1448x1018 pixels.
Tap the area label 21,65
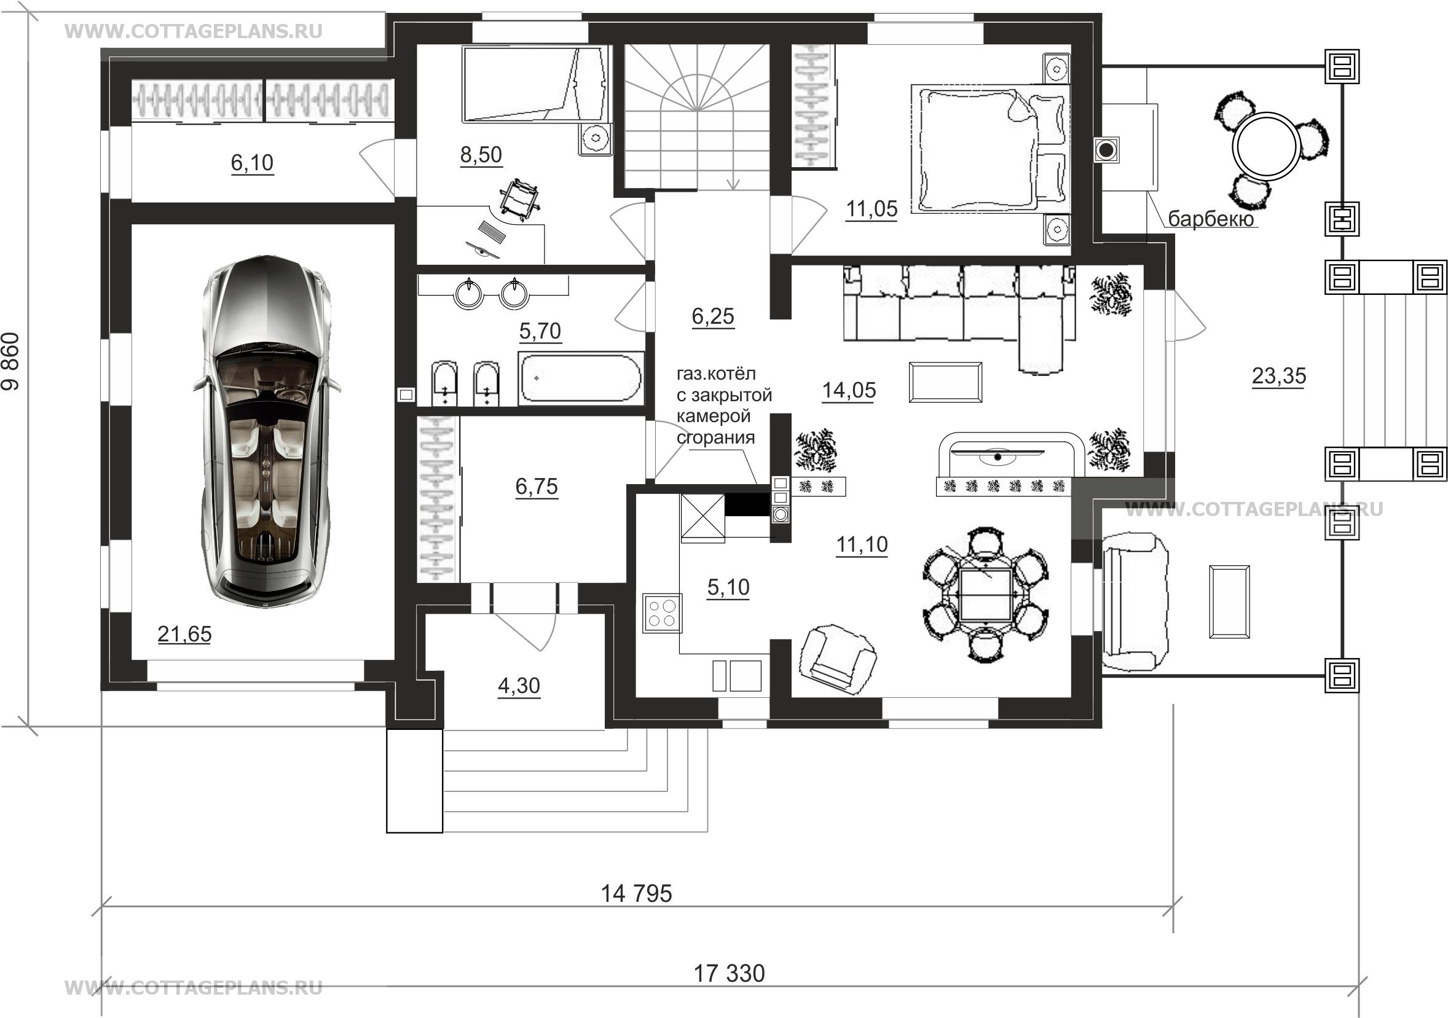tap(184, 634)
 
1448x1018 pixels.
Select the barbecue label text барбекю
tap(1210, 218)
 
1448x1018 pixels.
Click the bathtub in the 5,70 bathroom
tap(580, 378)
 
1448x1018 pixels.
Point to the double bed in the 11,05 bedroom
tap(991, 148)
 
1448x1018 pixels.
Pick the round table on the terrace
tap(1267, 146)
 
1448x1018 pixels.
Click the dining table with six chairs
tap(986, 595)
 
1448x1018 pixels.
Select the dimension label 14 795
tap(636, 893)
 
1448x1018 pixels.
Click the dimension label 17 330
tap(729, 973)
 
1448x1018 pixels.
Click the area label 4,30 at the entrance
tap(519, 685)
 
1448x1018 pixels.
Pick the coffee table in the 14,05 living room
tap(945, 382)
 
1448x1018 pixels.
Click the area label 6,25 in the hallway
tap(713, 316)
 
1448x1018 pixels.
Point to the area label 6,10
tap(252, 163)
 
